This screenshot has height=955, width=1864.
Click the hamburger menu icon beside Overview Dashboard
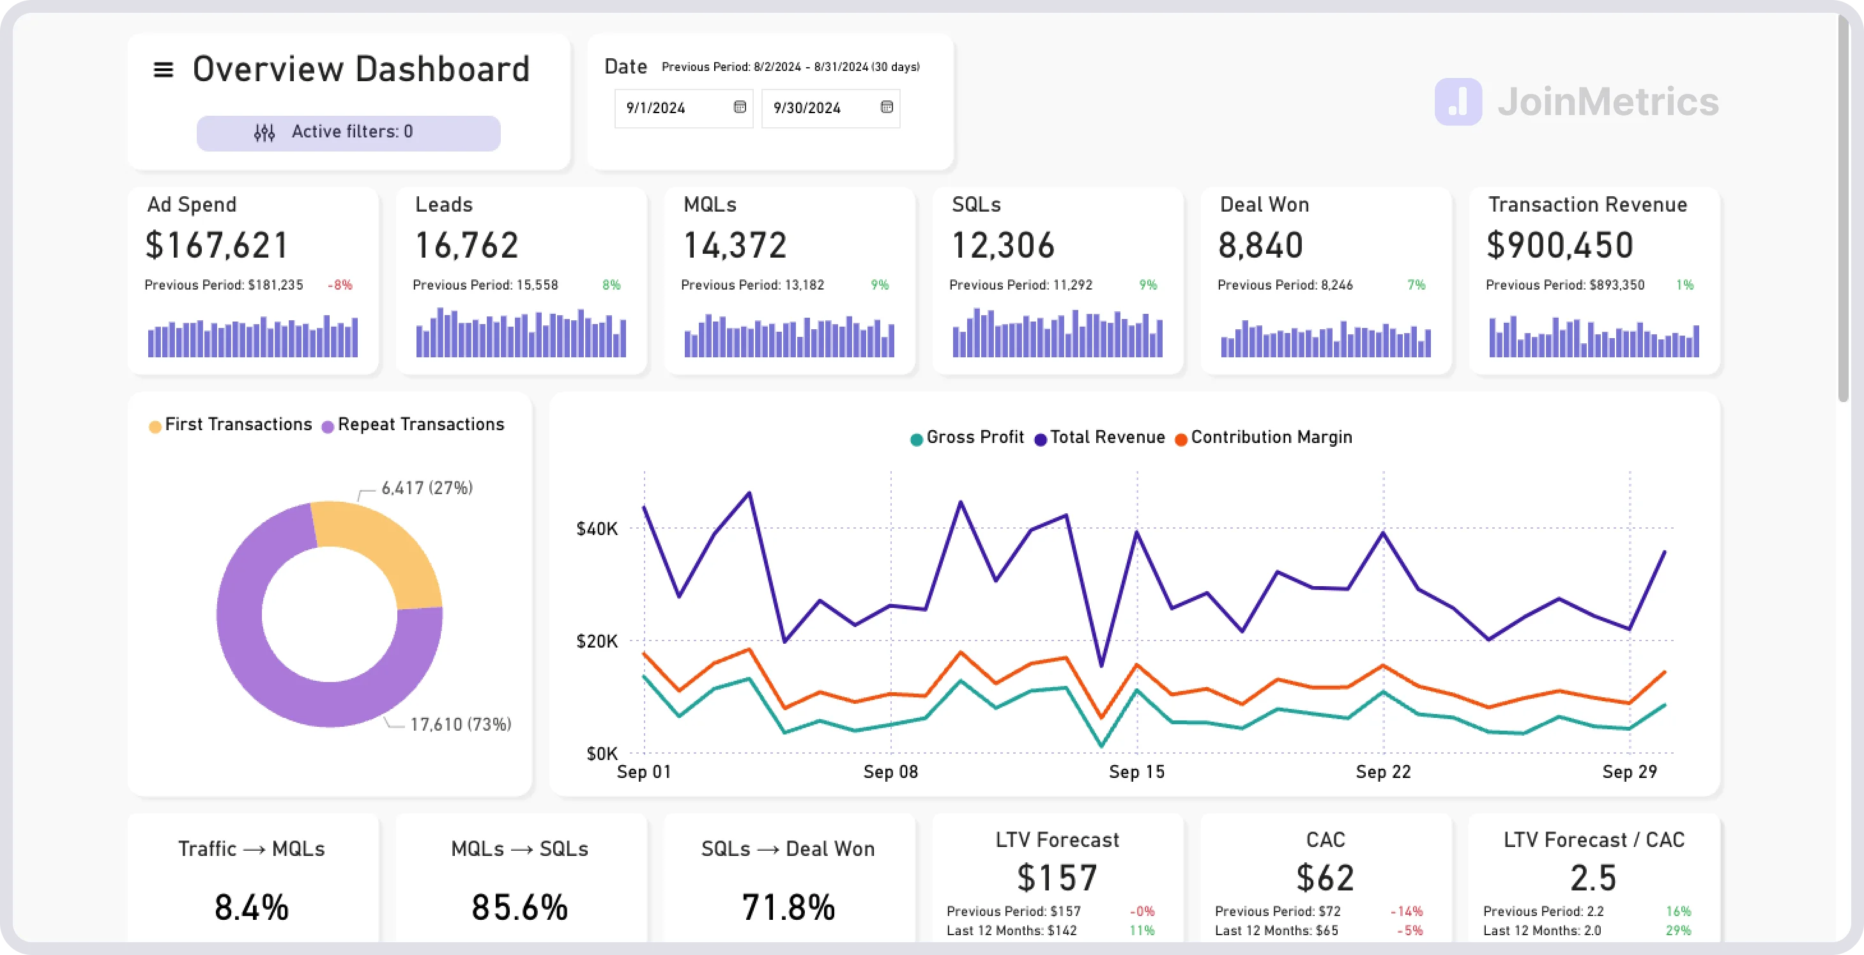tap(164, 70)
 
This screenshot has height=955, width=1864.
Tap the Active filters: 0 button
tap(348, 132)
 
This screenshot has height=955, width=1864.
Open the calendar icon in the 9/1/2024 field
tap(740, 107)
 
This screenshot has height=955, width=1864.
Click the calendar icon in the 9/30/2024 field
tap(887, 107)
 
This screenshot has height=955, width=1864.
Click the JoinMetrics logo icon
tap(1458, 102)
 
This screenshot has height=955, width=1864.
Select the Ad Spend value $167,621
tap(217, 245)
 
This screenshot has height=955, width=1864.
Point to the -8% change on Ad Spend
tap(340, 285)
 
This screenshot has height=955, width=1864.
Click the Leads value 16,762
tap(467, 245)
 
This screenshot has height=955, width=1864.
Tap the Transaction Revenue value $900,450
tap(1559, 245)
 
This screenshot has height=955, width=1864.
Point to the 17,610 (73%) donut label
tap(460, 725)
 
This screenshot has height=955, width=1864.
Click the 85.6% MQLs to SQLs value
tap(519, 907)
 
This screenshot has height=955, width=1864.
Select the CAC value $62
tap(1325, 878)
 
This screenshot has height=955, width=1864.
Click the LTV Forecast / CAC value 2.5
tap(1593, 878)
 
